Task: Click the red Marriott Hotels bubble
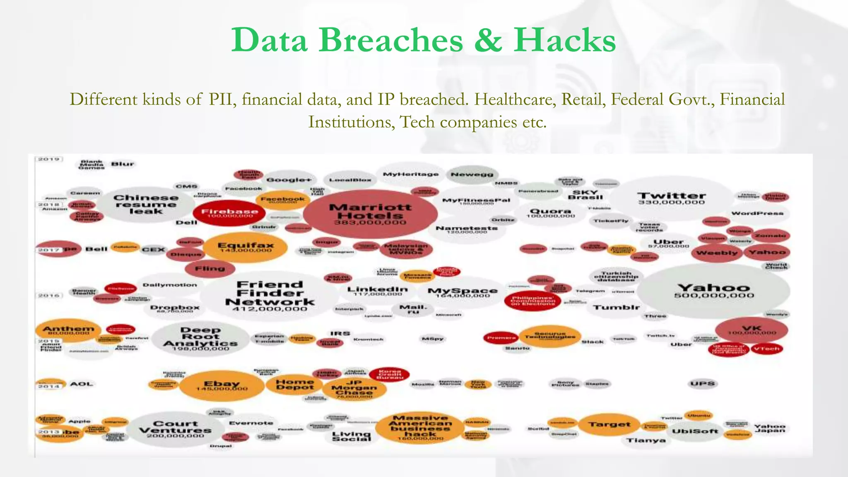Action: coord(370,214)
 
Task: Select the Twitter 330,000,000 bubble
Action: coord(671,198)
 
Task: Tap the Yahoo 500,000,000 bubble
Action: coord(713,291)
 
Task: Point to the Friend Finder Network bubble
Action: coord(270,296)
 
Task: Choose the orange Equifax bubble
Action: coord(246,247)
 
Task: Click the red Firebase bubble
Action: coord(230,213)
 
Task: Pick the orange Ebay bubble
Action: coord(222,385)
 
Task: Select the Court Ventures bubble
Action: coord(175,429)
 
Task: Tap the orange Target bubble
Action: coord(609,424)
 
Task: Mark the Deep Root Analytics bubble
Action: coord(200,339)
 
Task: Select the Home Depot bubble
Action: coord(295,385)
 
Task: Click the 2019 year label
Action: coord(49,159)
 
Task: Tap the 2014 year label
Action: coord(49,386)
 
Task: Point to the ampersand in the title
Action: coord(489,40)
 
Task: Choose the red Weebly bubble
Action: coord(717,253)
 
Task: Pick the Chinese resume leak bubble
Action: coord(146,204)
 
